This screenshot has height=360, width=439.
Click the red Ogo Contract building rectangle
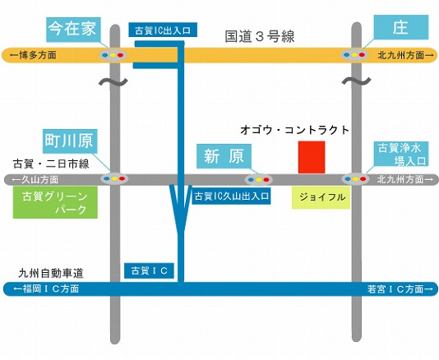(x=312, y=157)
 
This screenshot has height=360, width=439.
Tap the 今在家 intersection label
(x=73, y=30)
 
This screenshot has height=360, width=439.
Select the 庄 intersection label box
(x=401, y=27)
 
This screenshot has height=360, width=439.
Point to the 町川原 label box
(x=70, y=141)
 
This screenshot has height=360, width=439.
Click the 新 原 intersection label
(x=224, y=156)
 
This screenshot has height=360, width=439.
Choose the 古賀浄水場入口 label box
(x=401, y=154)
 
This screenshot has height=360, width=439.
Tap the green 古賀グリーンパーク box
(x=55, y=202)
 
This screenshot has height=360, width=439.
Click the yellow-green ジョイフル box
(x=321, y=197)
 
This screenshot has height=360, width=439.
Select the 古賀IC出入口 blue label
(x=163, y=30)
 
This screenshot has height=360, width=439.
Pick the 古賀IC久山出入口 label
(x=231, y=196)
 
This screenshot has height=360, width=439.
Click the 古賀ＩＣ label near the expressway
(x=150, y=270)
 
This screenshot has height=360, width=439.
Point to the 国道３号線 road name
(x=260, y=37)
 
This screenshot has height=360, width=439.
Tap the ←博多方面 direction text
(x=33, y=55)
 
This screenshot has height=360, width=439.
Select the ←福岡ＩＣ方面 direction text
(x=46, y=288)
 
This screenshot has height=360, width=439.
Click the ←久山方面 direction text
(x=35, y=180)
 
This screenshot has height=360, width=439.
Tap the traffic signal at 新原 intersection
(x=259, y=179)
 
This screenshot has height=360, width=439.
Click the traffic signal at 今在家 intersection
(x=113, y=55)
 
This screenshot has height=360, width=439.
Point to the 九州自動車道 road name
(x=51, y=273)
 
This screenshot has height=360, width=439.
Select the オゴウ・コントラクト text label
(x=295, y=130)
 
